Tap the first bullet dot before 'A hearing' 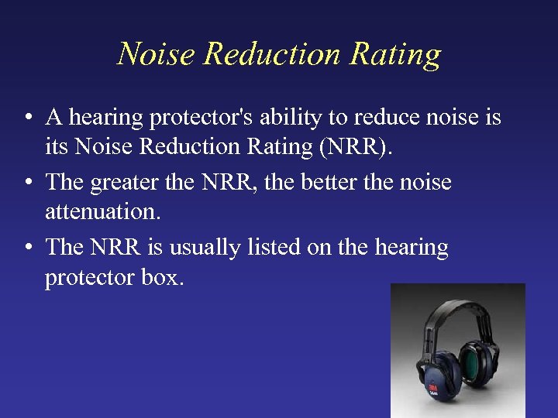[x=27, y=118]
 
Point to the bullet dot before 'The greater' [x=27, y=183]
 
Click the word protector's [x=195, y=118]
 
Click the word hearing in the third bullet [x=412, y=248]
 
